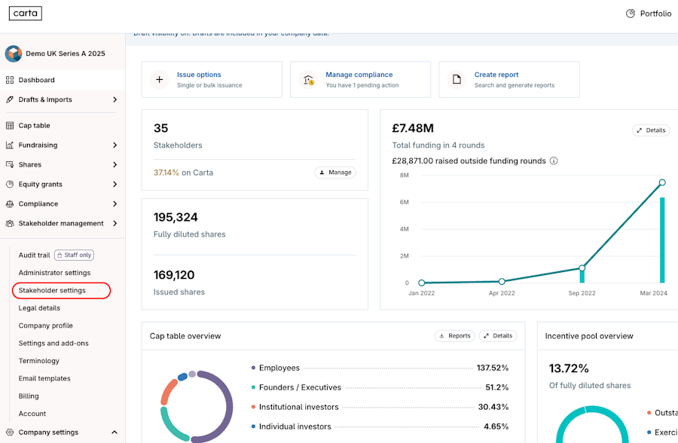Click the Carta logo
26,14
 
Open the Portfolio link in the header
649,14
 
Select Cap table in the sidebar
34,126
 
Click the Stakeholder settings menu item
52,290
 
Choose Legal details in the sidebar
39,308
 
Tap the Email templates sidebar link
44,378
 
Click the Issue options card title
199,75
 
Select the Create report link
496,75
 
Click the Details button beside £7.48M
651,130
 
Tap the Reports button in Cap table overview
454,336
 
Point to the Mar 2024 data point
662,182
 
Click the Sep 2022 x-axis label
582,293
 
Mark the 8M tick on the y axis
404,176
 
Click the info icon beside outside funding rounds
554,161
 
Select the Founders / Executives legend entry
300,387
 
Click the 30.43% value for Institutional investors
493,407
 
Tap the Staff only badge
75,255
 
